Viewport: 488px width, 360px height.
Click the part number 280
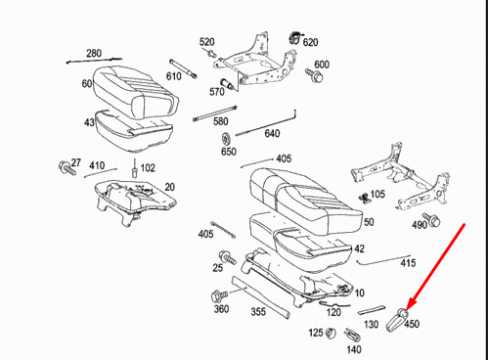94,52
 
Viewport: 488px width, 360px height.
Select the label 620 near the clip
310,42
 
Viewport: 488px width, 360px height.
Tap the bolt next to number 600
315,74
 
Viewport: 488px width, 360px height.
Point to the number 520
206,42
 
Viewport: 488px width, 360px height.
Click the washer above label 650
228,135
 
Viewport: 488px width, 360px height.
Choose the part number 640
272,134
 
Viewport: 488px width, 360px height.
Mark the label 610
174,76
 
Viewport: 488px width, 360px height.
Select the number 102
147,167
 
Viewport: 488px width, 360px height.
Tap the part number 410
97,165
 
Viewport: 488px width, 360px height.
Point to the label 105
377,194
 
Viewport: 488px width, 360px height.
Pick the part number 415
408,263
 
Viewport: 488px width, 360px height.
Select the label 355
257,312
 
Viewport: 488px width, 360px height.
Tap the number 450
412,325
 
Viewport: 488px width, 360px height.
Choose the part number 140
353,348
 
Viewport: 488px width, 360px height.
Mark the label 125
317,334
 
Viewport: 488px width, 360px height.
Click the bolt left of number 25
226,256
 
